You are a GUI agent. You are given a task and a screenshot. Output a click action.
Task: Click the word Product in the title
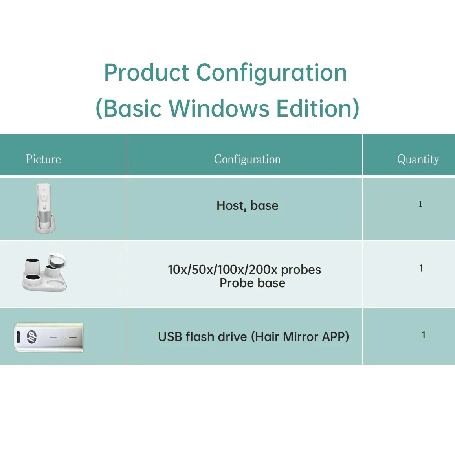point(147,73)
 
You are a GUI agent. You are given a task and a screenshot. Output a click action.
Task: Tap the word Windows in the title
point(219,108)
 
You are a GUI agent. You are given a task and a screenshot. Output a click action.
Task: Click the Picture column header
point(43,159)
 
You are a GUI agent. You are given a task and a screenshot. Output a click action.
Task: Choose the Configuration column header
point(248,160)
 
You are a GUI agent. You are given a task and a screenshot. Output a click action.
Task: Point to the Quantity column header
point(418,160)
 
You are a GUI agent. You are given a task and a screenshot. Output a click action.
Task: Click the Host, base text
point(248,206)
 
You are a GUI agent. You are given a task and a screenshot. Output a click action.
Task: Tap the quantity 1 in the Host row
point(420,204)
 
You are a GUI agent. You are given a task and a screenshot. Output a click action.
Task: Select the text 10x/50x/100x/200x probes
point(245,270)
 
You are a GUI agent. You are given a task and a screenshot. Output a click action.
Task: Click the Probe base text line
point(253,283)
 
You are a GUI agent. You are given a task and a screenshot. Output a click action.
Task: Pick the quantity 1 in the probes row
point(421,268)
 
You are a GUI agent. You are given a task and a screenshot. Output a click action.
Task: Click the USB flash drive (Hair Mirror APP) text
point(253,337)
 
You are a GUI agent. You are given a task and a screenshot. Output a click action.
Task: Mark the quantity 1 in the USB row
point(424,335)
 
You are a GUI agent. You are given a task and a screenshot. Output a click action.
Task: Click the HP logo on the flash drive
point(31,337)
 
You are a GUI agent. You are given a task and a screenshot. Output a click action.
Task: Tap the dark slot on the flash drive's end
point(18,337)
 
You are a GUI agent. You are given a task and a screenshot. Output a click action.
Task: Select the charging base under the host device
point(45,225)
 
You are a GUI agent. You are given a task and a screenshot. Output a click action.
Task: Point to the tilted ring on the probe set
point(57,260)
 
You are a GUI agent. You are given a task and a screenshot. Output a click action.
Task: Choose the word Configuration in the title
point(272,73)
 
